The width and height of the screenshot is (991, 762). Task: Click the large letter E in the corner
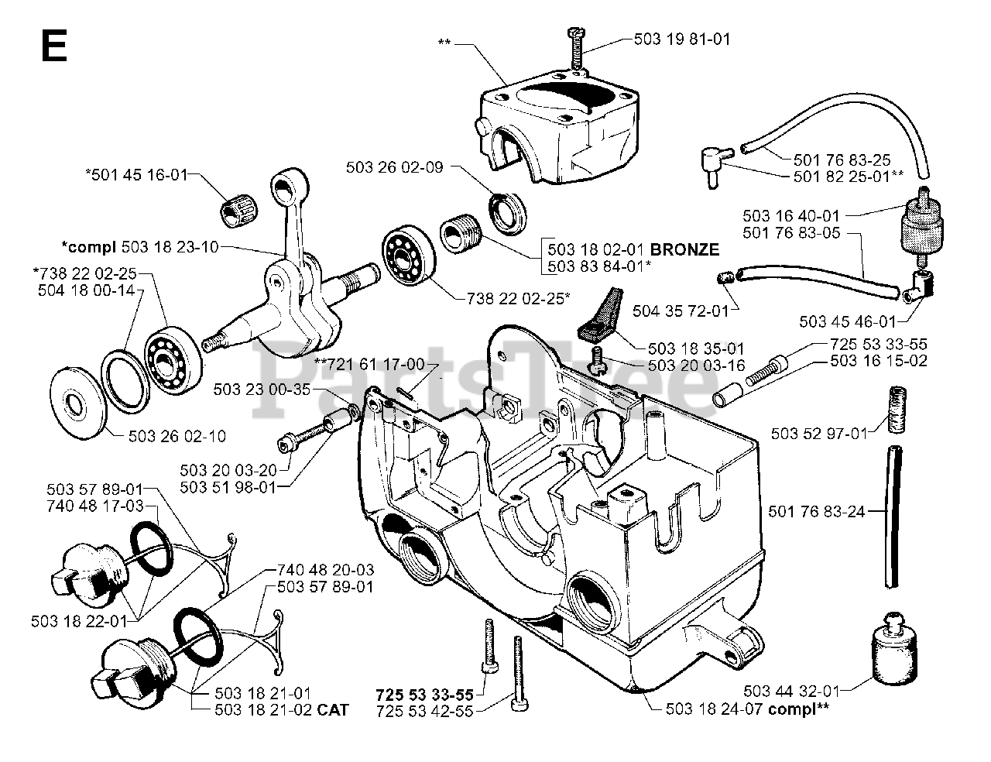point(54,46)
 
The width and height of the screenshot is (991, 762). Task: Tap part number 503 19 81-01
point(682,39)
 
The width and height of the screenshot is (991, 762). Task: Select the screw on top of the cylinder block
point(576,51)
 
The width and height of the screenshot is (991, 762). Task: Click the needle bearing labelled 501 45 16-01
point(239,213)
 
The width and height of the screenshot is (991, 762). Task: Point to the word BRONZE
point(684,249)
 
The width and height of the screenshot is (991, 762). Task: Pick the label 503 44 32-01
point(792,692)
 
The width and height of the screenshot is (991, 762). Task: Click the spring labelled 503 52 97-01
point(897,410)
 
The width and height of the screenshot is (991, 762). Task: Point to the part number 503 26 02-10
point(177,437)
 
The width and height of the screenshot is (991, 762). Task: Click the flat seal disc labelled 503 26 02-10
point(77,403)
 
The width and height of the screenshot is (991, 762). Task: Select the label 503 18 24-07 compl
point(747,709)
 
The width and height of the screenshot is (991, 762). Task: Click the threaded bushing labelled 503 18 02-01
point(461,232)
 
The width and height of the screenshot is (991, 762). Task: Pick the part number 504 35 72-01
point(681,311)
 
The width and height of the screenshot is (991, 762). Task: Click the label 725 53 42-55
point(424,712)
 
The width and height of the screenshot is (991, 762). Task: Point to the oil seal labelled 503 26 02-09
point(507,215)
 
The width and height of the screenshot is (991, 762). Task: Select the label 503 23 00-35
point(262,390)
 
